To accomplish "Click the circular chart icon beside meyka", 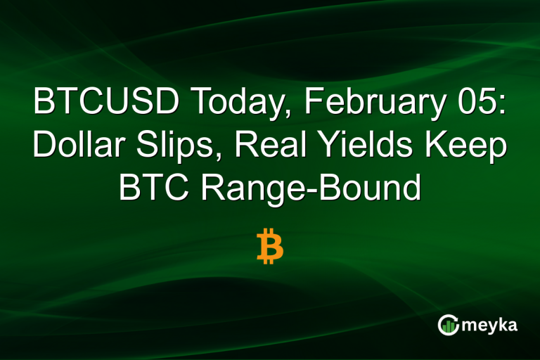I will (x=448, y=324).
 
